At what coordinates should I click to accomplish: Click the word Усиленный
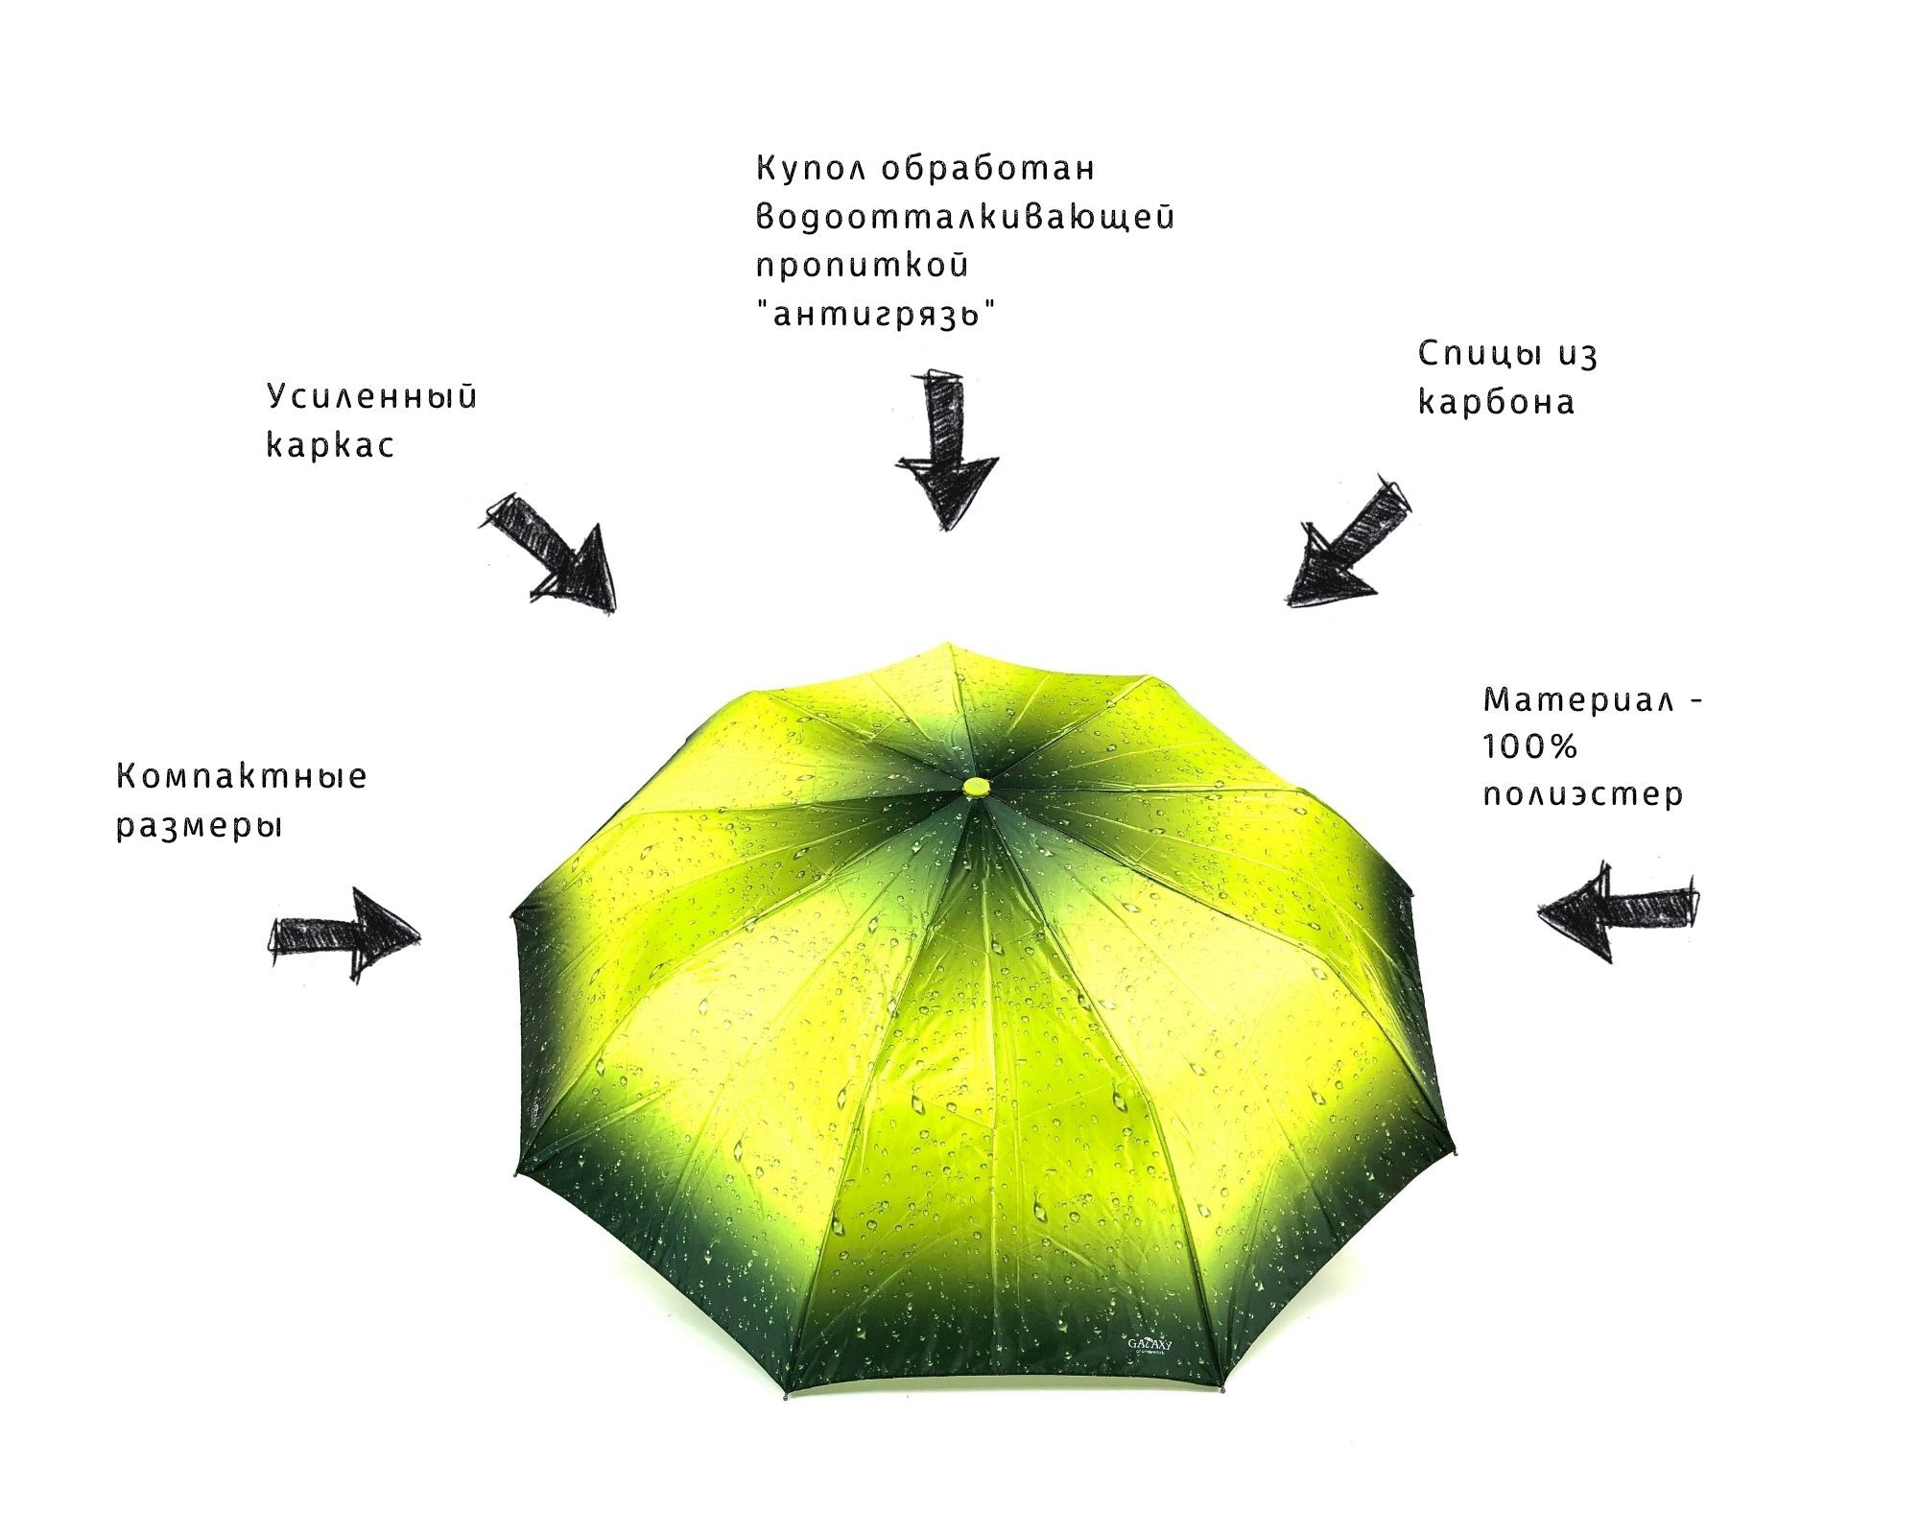[371, 397]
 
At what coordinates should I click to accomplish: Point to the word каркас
[330, 446]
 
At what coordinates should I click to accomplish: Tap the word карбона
[1496, 403]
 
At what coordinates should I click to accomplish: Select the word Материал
[1577, 700]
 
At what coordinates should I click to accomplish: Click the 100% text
[1529, 747]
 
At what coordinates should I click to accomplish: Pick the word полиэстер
[1582, 796]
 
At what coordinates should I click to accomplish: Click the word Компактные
[241, 776]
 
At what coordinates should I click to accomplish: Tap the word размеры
[200, 826]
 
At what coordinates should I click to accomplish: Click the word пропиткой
[862, 266]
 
